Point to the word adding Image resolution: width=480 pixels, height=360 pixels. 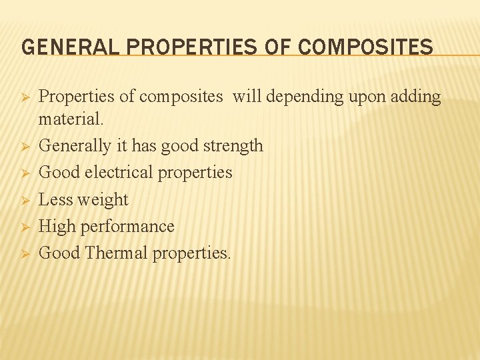click(417, 97)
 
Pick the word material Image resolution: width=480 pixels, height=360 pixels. click(71, 121)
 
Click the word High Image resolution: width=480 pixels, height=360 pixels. click(57, 227)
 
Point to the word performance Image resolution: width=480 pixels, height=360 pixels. click(127, 227)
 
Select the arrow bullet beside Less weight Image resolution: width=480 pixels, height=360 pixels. click(24, 200)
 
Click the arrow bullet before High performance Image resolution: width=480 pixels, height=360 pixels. click(24, 227)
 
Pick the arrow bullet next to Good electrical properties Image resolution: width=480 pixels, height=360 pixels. click(24, 173)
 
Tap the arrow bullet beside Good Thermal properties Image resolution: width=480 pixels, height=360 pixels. click(24, 253)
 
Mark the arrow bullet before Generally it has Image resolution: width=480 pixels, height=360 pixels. click(24, 146)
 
